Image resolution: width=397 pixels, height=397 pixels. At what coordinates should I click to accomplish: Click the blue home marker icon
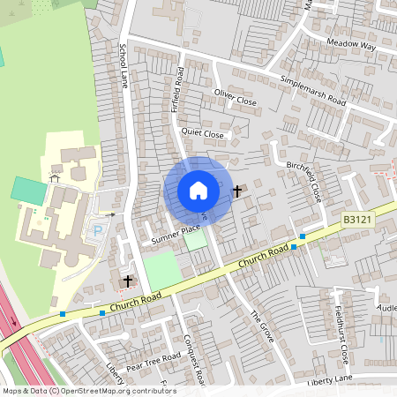[x=198, y=190]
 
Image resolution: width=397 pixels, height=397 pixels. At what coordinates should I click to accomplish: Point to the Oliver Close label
[x=235, y=97]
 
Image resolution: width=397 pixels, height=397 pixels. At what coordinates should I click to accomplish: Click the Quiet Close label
[x=203, y=133]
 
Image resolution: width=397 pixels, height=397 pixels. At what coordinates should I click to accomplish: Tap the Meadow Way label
[x=350, y=44]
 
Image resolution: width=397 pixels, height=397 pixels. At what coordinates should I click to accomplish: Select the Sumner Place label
[x=176, y=234]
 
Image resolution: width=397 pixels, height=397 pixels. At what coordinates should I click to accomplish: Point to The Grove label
[x=262, y=326]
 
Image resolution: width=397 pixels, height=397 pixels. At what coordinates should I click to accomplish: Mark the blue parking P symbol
[x=98, y=231]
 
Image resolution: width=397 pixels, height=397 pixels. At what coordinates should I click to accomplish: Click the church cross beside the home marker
[x=236, y=190]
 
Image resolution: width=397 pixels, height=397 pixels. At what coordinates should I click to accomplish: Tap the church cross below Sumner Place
[x=128, y=281]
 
